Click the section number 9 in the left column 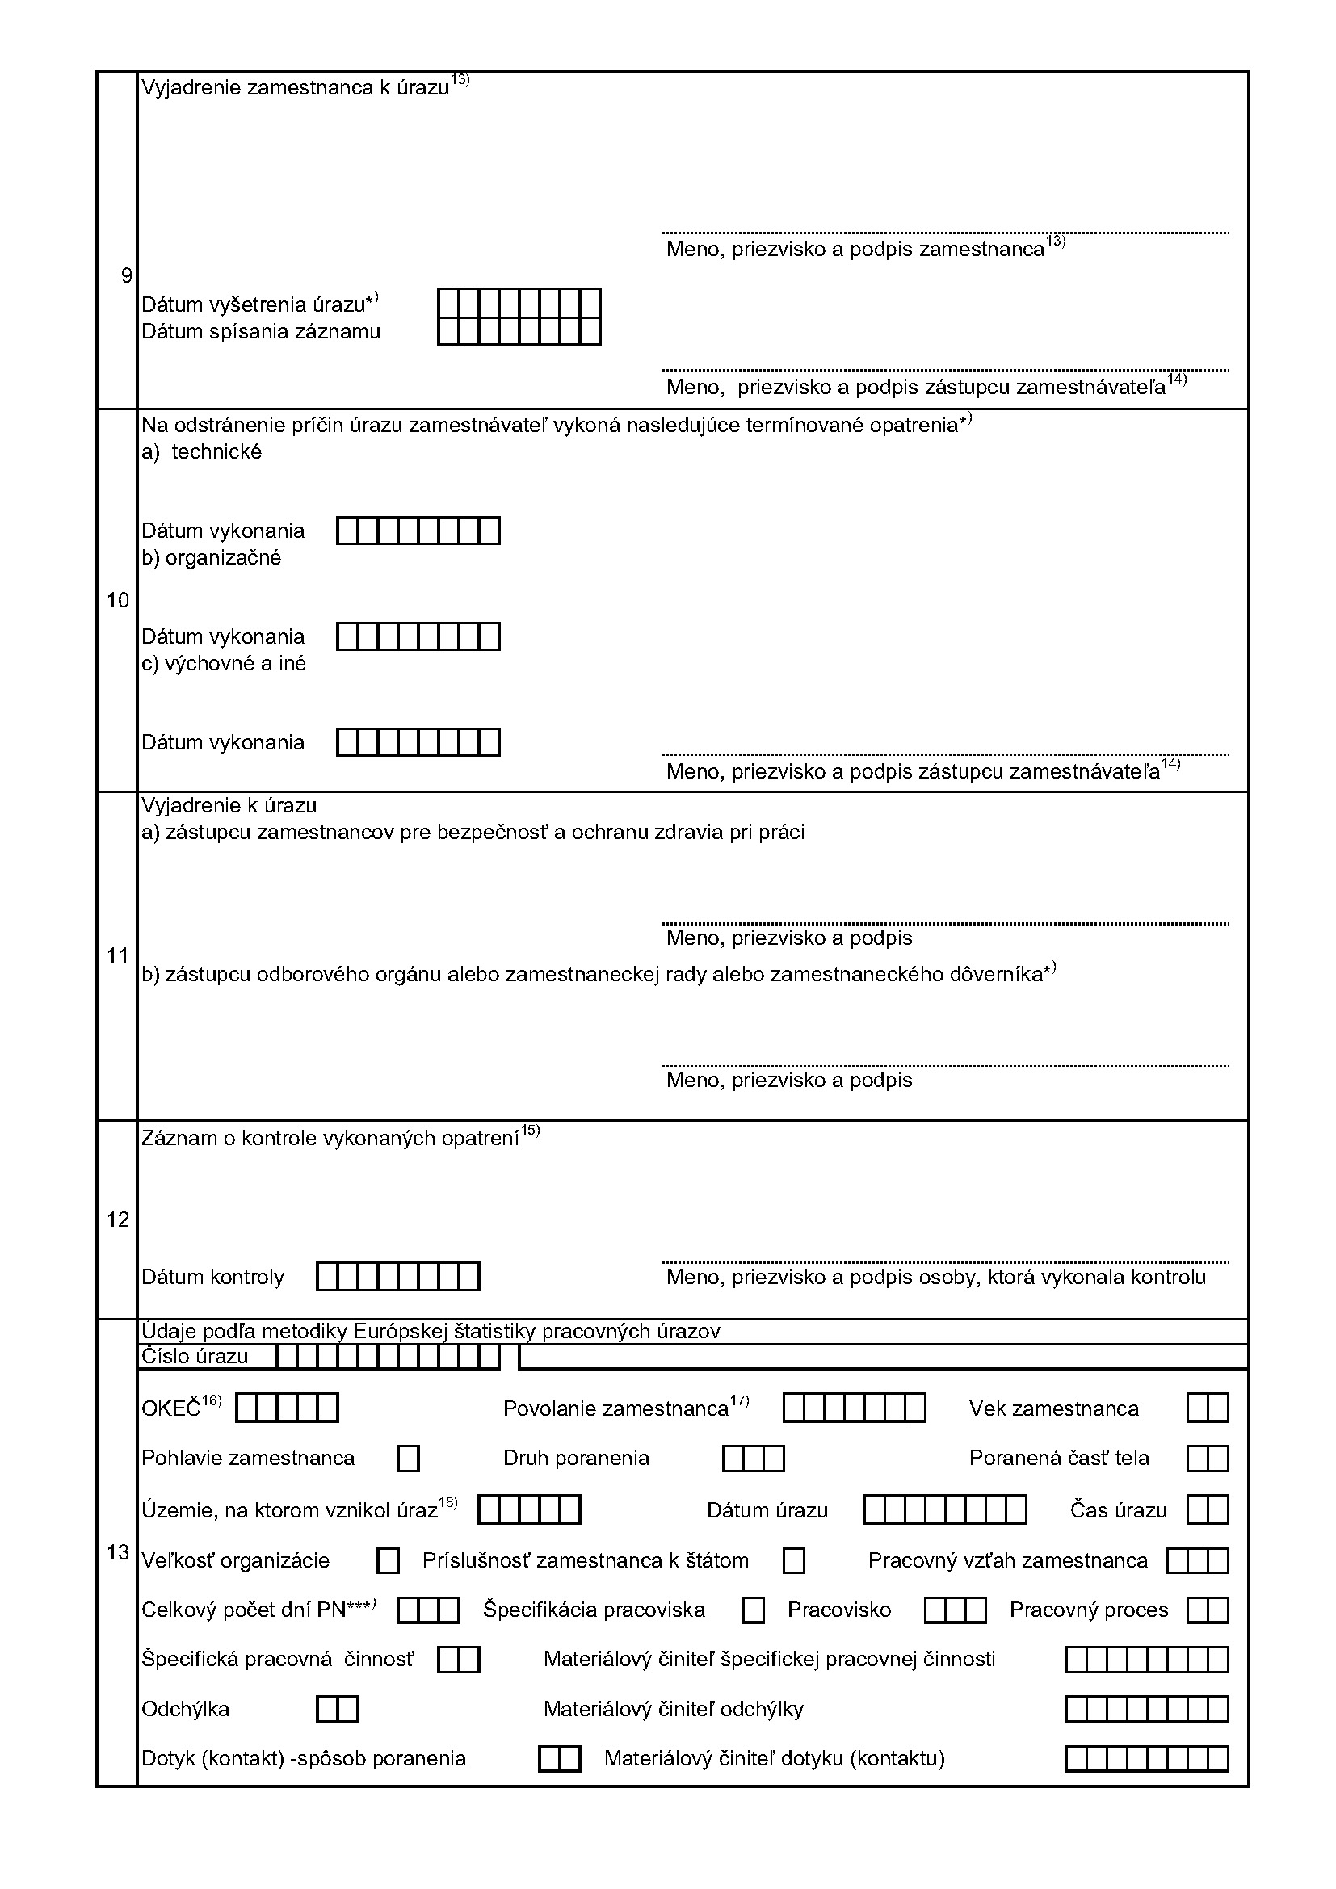click(126, 275)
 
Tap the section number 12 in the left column click(118, 1219)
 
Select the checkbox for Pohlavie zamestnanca click(408, 1459)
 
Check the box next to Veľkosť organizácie click(388, 1561)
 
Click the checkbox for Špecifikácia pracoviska click(753, 1610)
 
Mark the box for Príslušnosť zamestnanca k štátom click(794, 1561)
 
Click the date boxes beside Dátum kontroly click(398, 1277)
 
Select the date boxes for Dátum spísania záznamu click(519, 332)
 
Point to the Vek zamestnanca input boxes click(1208, 1408)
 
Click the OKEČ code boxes click(287, 1408)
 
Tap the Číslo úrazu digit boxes click(388, 1357)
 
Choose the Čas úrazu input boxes click(1208, 1509)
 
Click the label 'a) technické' click(202, 451)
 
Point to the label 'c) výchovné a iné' click(224, 664)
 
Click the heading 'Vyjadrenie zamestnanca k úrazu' click(296, 88)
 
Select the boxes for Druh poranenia click(754, 1459)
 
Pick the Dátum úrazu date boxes click(945, 1509)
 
